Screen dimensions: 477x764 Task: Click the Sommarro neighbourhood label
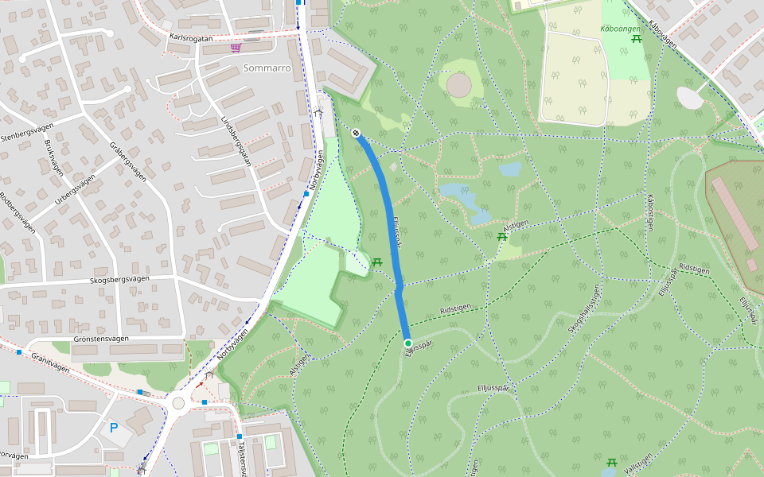pos(266,68)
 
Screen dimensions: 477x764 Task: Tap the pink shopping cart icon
pos(236,48)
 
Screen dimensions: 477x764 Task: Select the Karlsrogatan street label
pos(192,37)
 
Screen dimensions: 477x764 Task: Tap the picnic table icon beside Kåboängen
pos(636,37)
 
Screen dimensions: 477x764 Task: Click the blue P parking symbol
pos(114,427)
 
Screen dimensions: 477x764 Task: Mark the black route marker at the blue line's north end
pos(357,134)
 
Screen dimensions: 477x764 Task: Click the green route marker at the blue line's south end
pos(408,343)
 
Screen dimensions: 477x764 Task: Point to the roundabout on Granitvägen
pos(178,403)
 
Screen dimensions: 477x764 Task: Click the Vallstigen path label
pos(637,463)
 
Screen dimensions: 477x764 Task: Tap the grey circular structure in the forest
pos(459,83)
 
